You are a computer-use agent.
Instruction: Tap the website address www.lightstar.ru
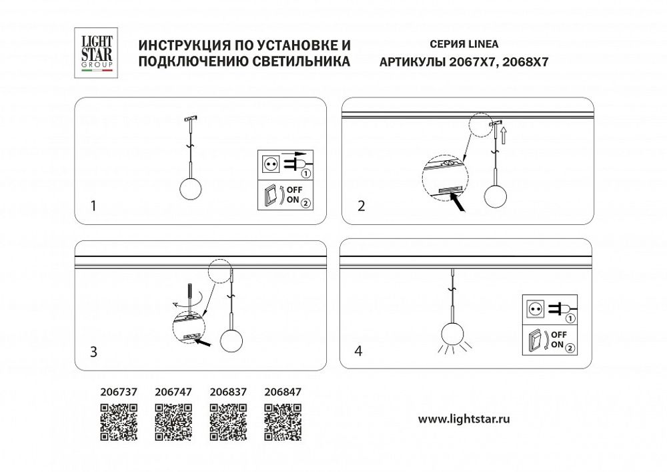coord(464,419)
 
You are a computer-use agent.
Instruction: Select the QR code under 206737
coord(119,423)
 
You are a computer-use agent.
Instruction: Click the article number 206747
coord(173,393)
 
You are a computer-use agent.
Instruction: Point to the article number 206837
coord(228,393)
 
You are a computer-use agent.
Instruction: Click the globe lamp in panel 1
coord(191,189)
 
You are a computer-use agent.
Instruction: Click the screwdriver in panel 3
coord(191,297)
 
